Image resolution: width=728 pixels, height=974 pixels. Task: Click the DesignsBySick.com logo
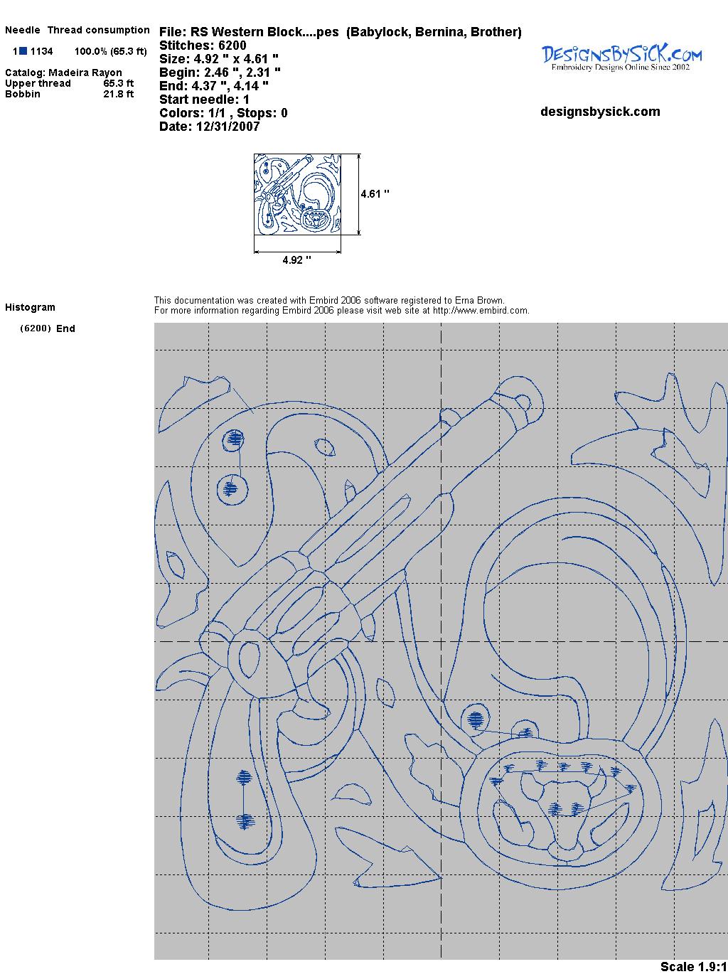pos(621,58)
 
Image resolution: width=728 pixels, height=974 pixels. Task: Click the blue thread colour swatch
pos(23,51)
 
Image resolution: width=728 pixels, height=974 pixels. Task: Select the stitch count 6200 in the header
pos(232,46)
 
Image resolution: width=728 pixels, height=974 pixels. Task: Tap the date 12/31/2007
pos(227,127)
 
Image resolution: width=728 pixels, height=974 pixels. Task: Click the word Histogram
pos(30,307)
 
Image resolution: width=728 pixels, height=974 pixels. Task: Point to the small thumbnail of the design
pos(297,194)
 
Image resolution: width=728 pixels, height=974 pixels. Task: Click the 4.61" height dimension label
pos(375,194)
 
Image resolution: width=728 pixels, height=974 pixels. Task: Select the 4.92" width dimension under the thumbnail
pos(296,260)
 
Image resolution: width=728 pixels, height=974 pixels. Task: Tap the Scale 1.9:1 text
pos(694,967)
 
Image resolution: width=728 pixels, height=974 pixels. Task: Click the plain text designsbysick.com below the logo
pos(600,112)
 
